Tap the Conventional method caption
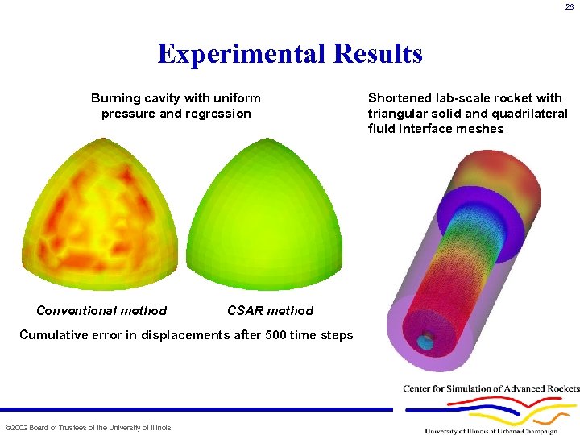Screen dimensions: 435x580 [x=101, y=311]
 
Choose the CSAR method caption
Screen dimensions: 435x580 [x=270, y=311]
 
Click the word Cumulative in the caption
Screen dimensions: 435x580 [x=52, y=335]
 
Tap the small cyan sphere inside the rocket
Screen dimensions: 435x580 [x=425, y=342]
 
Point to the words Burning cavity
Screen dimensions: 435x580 [x=135, y=98]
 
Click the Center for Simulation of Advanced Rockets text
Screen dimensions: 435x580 [x=491, y=389]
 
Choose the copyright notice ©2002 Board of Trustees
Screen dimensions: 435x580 [x=88, y=427]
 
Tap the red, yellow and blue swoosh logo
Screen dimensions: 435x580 [x=499, y=412]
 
